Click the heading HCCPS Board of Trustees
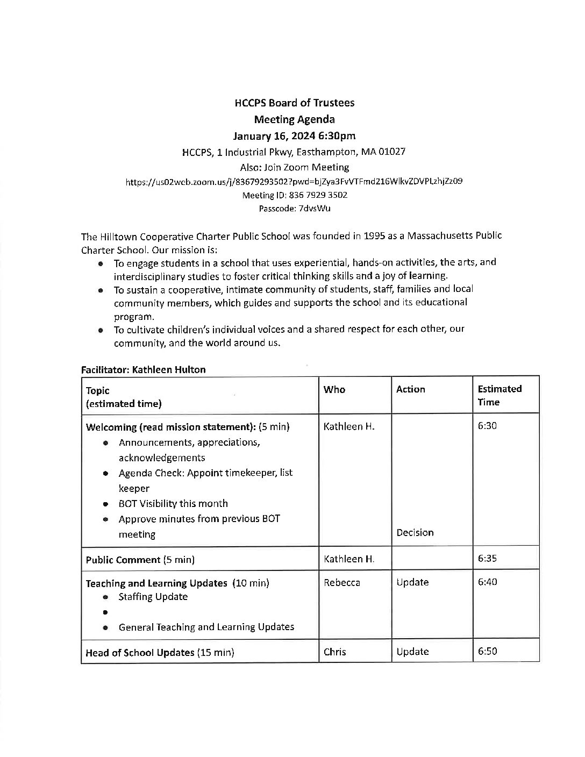[x=294, y=103]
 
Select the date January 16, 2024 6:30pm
[x=294, y=135]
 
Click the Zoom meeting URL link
[x=294, y=182]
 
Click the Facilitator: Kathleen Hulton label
[x=143, y=369]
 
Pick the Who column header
[x=334, y=389]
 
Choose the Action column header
[x=410, y=389]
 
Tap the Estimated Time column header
[x=500, y=395]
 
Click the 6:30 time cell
[x=487, y=426]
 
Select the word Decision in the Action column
[x=415, y=533]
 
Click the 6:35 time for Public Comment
[x=487, y=559]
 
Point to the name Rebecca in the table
[x=341, y=583]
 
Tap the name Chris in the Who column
[x=334, y=652]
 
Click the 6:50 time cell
[x=487, y=652]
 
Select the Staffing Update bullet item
[x=153, y=597]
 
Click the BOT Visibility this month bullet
[x=173, y=504]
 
